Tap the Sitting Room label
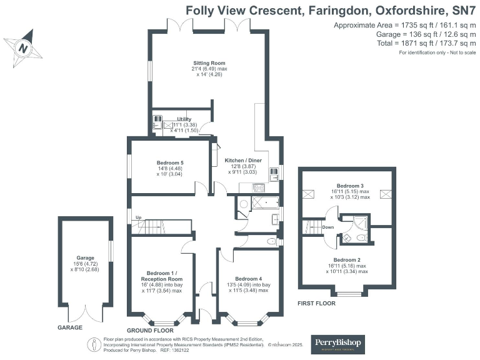point(208,63)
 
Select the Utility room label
point(183,119)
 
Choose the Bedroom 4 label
point(249,279)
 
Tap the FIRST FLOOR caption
point(316,303)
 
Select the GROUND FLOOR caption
point(150,330)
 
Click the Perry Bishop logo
point(338,344)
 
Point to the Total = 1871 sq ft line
point(406,43)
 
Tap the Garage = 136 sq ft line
point(404,34)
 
